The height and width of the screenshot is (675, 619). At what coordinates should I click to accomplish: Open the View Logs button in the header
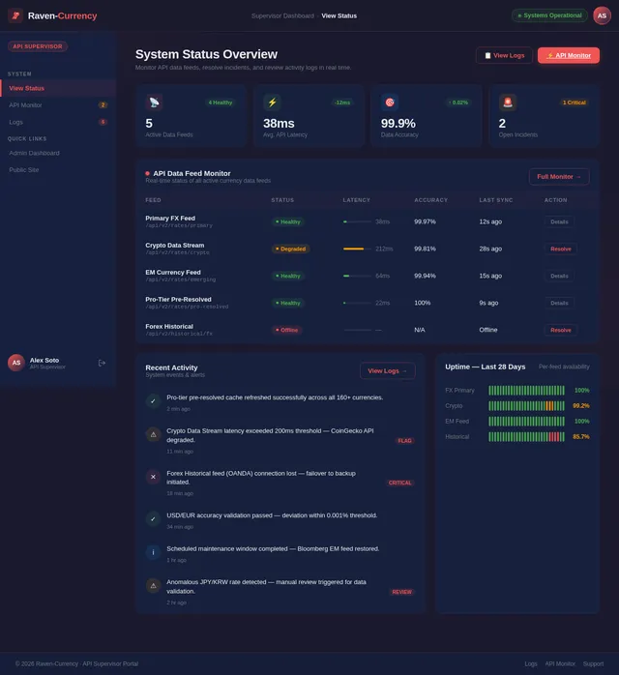[504, 55]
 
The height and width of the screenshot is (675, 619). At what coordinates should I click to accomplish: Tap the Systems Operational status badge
[549, 15]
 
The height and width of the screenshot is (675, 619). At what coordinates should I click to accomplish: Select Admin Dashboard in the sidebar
[34, 153]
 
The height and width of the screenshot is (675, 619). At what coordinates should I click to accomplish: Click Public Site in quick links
[24, 169]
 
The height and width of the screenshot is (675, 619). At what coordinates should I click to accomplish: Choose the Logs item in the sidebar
[16, 122]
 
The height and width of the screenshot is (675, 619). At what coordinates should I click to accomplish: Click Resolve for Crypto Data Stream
[560, 249]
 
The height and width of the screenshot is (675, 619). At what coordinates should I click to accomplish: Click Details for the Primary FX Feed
[559, 221]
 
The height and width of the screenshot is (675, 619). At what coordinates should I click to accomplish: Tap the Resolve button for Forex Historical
[560, 330]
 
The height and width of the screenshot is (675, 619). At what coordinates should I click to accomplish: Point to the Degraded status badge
[290, 249]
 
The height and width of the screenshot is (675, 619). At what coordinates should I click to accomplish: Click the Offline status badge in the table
[287, 330]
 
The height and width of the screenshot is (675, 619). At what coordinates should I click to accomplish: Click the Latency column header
[356, 200]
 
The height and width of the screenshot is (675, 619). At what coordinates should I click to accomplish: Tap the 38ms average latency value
[279, 124]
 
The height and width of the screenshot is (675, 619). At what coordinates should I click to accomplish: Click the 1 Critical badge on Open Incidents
[574, 102]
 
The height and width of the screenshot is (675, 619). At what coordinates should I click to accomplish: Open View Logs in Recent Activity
[387, 370]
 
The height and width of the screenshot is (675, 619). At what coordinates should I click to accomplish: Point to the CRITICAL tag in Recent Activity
[400, 483]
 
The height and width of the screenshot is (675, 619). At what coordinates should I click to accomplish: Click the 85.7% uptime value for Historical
[580, 436]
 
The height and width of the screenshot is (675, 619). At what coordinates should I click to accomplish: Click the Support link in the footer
[593, 663]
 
